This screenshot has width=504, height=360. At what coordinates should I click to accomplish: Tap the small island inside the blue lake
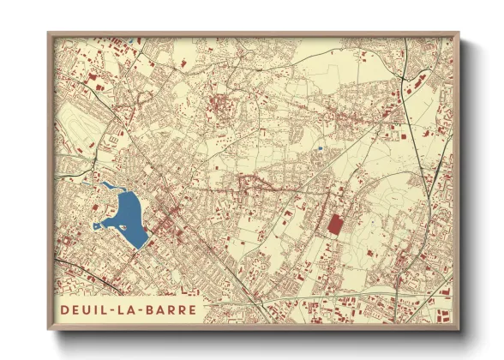coord(123,226)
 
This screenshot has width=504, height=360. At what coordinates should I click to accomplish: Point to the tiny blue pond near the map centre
coord(319,147)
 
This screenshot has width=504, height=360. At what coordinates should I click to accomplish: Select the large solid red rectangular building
coord(334,224)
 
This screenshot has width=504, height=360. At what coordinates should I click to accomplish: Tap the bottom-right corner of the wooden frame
coord(459,330)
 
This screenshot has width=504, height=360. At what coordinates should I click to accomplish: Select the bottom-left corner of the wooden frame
coord(49,330)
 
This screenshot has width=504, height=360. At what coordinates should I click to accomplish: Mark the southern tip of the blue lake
coord(137,247)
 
